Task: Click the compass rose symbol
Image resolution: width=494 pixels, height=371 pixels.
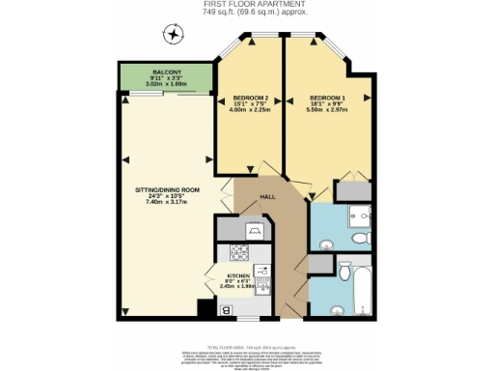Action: click(173, 36)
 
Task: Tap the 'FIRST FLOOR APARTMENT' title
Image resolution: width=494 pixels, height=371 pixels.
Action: click(246, 5)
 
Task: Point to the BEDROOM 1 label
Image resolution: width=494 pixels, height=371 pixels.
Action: click(327, 98)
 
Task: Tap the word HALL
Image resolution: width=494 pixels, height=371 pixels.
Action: click(269, 197)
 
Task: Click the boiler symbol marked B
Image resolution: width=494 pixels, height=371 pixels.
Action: click(226, 310)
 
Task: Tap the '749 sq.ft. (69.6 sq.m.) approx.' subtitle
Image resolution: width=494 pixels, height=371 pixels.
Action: click(246, 13)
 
